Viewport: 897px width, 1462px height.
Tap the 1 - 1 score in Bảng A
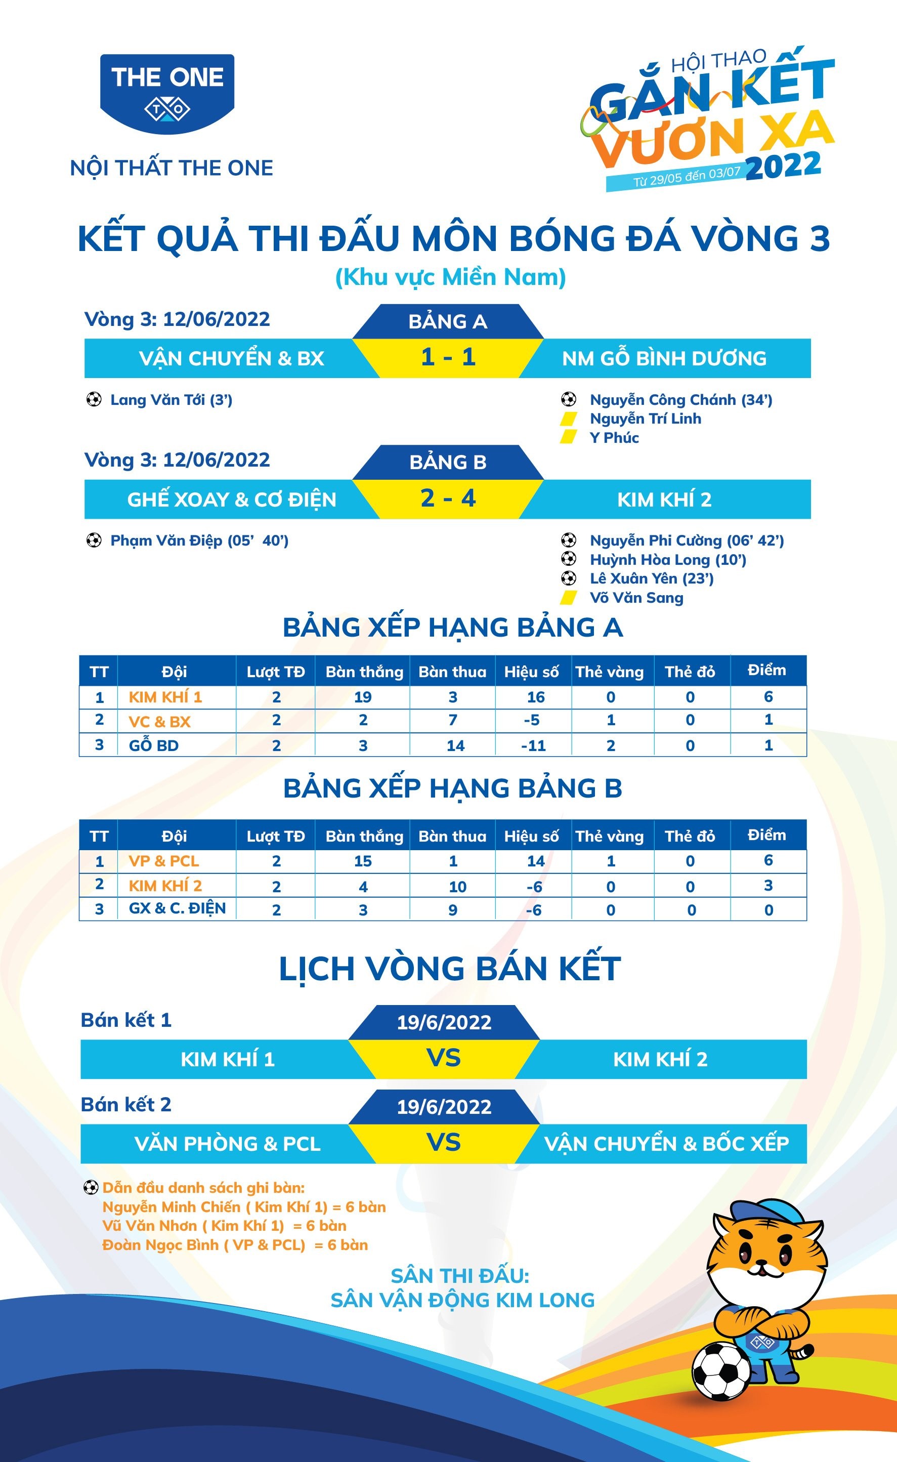(448, 357)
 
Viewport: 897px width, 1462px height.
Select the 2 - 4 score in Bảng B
(448, 498)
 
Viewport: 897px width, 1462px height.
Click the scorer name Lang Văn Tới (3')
(171, 400)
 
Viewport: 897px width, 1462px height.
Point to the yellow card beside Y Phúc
(568, 437)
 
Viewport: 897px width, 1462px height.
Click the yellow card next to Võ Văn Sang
(568, 598)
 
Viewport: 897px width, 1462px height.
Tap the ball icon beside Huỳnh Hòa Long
(568, 559)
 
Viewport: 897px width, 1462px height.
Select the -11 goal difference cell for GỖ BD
(533, 745)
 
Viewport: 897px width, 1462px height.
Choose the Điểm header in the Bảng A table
(766, 671)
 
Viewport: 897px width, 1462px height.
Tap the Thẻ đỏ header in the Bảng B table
(690, 836)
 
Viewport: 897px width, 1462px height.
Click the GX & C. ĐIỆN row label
(177, 908)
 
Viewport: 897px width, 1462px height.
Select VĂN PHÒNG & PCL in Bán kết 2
(227, 1143)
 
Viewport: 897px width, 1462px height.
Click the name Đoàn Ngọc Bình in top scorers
(160, 1245)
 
